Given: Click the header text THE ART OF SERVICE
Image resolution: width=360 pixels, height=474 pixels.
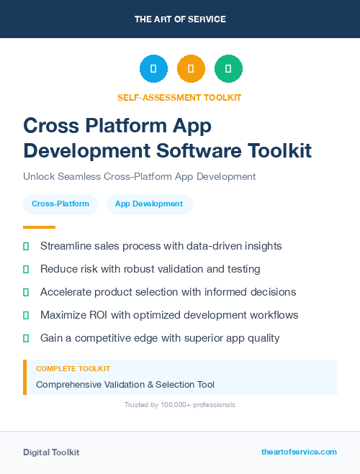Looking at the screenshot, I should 180,19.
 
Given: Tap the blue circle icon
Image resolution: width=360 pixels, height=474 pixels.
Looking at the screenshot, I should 153,69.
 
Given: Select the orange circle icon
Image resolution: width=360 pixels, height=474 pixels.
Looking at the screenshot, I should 191,69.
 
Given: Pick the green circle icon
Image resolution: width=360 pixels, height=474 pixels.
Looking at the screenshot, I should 228,69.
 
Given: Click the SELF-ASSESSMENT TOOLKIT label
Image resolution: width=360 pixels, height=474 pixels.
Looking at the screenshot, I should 179,97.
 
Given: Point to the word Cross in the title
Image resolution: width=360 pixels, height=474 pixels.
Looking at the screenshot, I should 51,126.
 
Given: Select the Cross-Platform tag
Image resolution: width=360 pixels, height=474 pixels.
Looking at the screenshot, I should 60,204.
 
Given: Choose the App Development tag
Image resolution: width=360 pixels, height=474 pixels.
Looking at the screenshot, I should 149,204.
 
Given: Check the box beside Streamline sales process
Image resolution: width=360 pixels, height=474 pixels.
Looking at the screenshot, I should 26,246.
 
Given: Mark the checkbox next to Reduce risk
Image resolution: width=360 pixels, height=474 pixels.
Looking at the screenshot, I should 26,269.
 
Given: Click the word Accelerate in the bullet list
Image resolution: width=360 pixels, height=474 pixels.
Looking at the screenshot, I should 67,292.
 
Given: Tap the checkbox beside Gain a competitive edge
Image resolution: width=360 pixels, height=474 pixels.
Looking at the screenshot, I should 26,338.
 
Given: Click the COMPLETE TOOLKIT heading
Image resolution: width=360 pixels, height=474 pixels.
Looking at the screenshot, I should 73,368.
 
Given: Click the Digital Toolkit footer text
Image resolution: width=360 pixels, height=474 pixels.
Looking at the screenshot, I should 51,452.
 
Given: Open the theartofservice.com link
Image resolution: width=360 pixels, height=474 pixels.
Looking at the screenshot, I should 299,452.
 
